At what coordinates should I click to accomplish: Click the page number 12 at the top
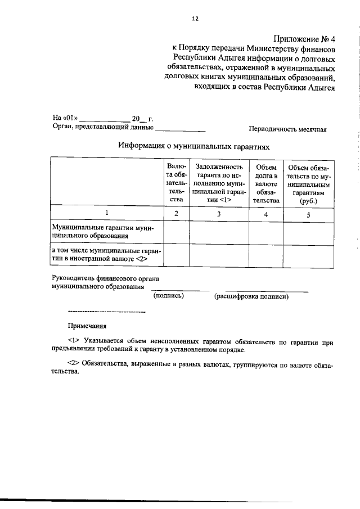pyautogui.click(x=195, y=18)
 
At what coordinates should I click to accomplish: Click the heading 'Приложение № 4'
pyautogui.click(x=304, y=39)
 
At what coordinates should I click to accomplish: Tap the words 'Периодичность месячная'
pyautogui.click(x=287, y=129)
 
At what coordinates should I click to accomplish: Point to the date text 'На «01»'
pyautogui.click(x=65, y=119)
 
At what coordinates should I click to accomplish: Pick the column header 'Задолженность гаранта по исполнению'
pyautogui.click(x=219, y=183)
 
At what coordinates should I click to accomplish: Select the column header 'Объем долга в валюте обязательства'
pyautogui.click(x=266, y=183)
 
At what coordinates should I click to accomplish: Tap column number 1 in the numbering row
pyautogui.click(x=106, y=214)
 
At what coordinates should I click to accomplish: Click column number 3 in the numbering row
pyautogui.click(x=219, y=214)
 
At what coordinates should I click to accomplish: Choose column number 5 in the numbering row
pyautogui.click(x=308, y=214)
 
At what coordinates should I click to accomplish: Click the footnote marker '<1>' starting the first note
pyautogui.click(x=73, y=341)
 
